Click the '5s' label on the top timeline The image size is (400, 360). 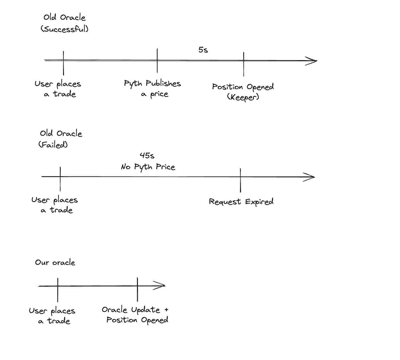point(203,50)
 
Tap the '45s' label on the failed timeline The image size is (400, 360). point(147,156)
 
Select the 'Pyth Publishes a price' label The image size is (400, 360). point(153,89)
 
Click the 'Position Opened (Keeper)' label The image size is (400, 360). point(243,91)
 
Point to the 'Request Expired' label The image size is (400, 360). point(241,202)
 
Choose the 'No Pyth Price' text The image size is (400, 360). point(148,167)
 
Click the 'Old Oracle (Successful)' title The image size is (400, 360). point(64,23)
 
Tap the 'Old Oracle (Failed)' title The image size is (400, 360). point(61,139)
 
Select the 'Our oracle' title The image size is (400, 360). point(55,262)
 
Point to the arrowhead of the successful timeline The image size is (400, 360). point(312,61)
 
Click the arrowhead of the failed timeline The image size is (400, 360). point(310,177)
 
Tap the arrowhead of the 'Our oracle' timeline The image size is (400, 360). point(160,286)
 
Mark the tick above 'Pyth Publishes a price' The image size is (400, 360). point(157,60)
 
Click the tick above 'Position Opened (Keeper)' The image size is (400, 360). point(244,64)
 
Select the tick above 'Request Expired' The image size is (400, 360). point(240,180)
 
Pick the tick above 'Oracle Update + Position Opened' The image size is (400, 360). point(137,289)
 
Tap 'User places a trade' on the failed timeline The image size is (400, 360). point(55,205)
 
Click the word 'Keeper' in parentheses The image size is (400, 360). point(243,97)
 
